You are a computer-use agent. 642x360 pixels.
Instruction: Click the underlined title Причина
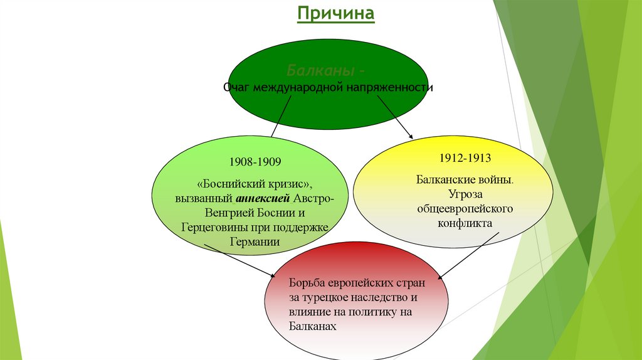pyautogui.click(x=335, y=13)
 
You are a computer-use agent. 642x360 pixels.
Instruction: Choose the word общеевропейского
pyautogui.click(x=465, y=208)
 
